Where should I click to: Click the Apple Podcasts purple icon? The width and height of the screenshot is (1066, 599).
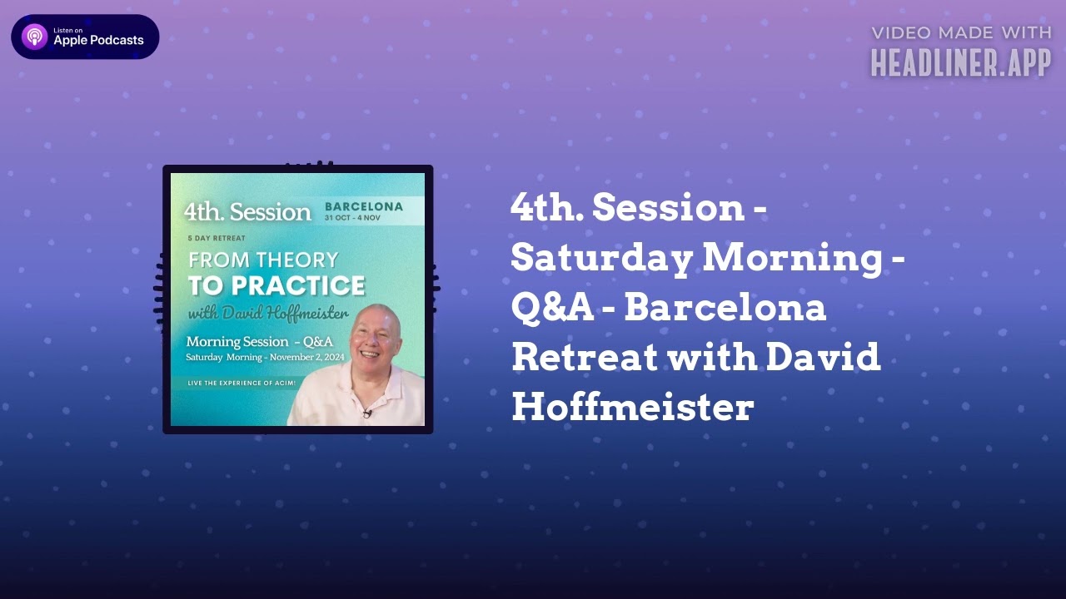pos(35,37)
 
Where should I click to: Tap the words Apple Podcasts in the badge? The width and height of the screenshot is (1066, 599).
pos(98,41)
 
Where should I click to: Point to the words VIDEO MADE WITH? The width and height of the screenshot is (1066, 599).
pos(961,33)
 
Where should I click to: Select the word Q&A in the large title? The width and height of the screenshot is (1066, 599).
pos(552,308)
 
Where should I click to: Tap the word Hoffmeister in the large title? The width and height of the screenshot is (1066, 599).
pos(632,408)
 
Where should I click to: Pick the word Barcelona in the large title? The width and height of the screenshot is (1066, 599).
pos(725,308)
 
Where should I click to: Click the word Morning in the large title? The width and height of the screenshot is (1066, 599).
pos(791,259)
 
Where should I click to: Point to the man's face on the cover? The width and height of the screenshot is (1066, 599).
pos(376,338)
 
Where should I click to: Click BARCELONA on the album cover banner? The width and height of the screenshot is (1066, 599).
pos(363,206)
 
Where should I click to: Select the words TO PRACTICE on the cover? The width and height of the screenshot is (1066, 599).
pos(276,286)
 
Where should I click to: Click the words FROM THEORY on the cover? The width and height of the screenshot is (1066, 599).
pos(263,260)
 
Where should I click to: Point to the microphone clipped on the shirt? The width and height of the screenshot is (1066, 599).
pos(366,411)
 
